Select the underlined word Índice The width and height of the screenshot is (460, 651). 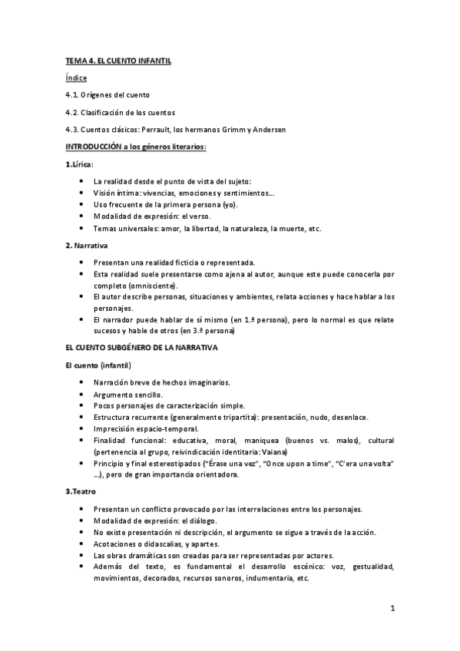coord(76,78)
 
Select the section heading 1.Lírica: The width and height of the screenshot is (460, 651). coord(80,164)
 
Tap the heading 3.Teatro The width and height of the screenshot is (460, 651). coord(81,491)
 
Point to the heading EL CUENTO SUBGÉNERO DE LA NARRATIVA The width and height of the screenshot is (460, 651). coord(142,348)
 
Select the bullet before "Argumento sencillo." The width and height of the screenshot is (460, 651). coord(81,395)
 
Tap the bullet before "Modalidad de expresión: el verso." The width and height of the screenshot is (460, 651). coord(81,216)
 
